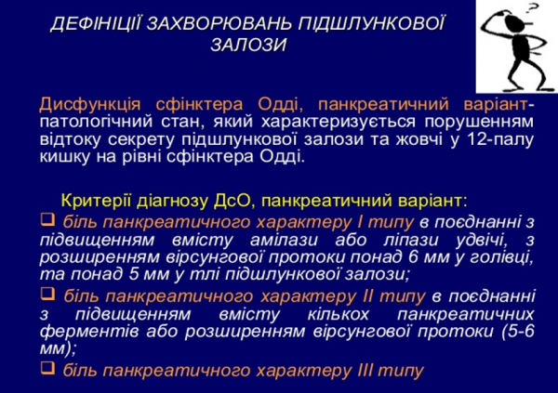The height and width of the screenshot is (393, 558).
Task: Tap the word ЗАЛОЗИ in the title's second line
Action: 247,45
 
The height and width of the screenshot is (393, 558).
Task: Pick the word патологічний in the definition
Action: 88,121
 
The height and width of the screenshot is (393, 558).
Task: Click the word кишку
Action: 62,156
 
